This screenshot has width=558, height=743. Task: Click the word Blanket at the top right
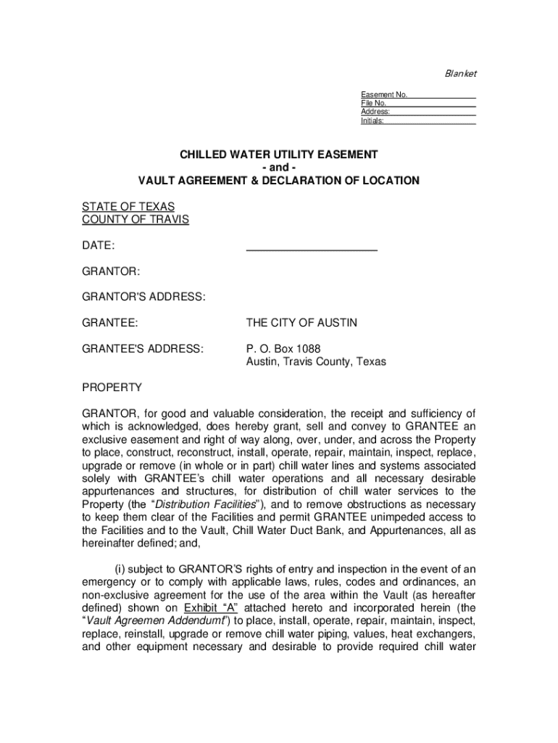(460, 74)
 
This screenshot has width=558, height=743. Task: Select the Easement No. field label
(384, 95)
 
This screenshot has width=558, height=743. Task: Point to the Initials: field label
(372, 121)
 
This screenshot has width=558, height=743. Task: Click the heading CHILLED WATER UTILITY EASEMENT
(279, 155)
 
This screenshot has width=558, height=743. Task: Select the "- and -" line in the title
(279, 168)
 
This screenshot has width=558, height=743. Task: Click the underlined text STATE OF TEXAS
(128, 207)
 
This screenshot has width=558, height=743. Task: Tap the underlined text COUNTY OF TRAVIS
(135, 219)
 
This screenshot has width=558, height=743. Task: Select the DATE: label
(98, 247)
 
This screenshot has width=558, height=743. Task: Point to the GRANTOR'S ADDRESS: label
(143, 296)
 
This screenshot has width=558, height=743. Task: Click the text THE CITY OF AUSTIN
(301, 322)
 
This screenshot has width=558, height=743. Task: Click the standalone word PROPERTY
(112, 387)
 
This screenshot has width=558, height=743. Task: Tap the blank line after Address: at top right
(433, 112)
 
